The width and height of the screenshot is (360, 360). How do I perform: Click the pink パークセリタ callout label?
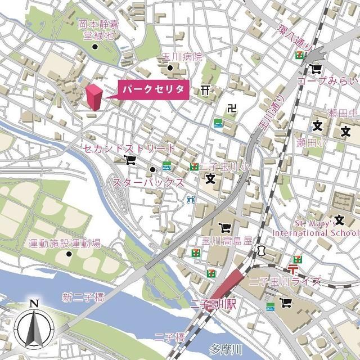click(x=152, y=91)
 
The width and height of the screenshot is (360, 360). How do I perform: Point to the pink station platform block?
click(x=228, y=282)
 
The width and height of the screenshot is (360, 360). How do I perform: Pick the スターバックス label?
click(x=148, y=182)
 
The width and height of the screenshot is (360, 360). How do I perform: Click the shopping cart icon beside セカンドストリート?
click(x=131, y=160)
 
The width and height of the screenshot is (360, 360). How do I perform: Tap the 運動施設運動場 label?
click(x=65, y=244)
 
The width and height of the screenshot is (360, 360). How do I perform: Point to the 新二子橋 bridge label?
click(x=83, y=297)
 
